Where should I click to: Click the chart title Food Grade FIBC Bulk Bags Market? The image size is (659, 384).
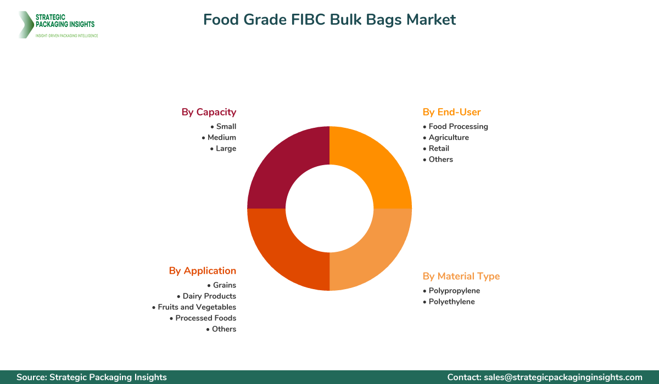(329, 20)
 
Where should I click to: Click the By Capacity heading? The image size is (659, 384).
(209, 112)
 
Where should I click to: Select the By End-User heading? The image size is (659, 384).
(451, 112)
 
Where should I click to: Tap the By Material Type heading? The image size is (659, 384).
(461, 276)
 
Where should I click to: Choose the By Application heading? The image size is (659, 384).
(202, 270)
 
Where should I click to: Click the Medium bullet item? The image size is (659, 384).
(221, 137)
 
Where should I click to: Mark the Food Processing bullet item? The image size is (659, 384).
(458, 126)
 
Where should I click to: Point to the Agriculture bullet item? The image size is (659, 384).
(449, 137)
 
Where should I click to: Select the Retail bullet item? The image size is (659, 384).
(439, 148)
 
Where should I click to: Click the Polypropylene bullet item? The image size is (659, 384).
(454, 290)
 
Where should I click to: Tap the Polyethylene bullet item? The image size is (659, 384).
(451, 301)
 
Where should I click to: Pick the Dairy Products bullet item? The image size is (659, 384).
(209, 296)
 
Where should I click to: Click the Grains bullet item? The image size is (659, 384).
(224, 285)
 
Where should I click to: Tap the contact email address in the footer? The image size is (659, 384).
(563, 377)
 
